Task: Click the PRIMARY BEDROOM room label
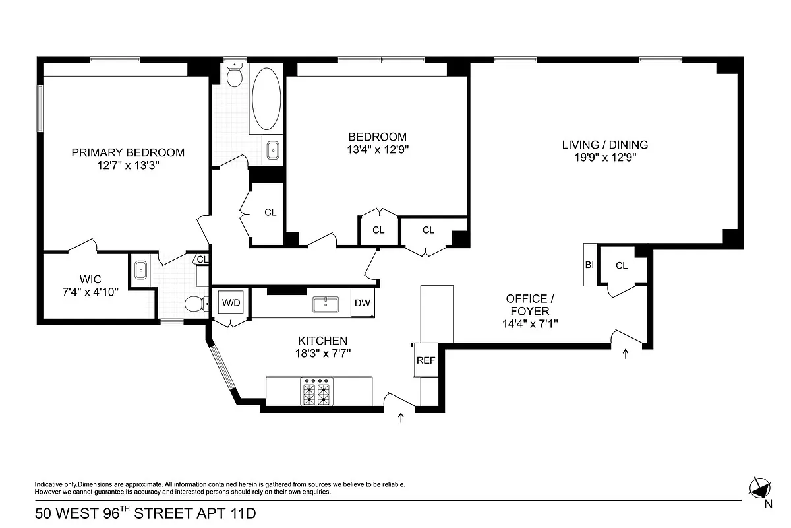point(128,152)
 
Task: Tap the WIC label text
point(89,278)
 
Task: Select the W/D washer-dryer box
point(231,303)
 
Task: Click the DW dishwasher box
point(362,303)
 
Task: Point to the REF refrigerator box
point(426,360)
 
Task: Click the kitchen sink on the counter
point(326,304)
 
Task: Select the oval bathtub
point(266,98)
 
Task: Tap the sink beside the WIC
point(140,270)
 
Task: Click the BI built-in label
point(589,265)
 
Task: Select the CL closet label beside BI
point(622,265)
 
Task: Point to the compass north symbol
point(759,488)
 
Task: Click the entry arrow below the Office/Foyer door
point(626,355)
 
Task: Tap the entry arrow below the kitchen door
point(401,418)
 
